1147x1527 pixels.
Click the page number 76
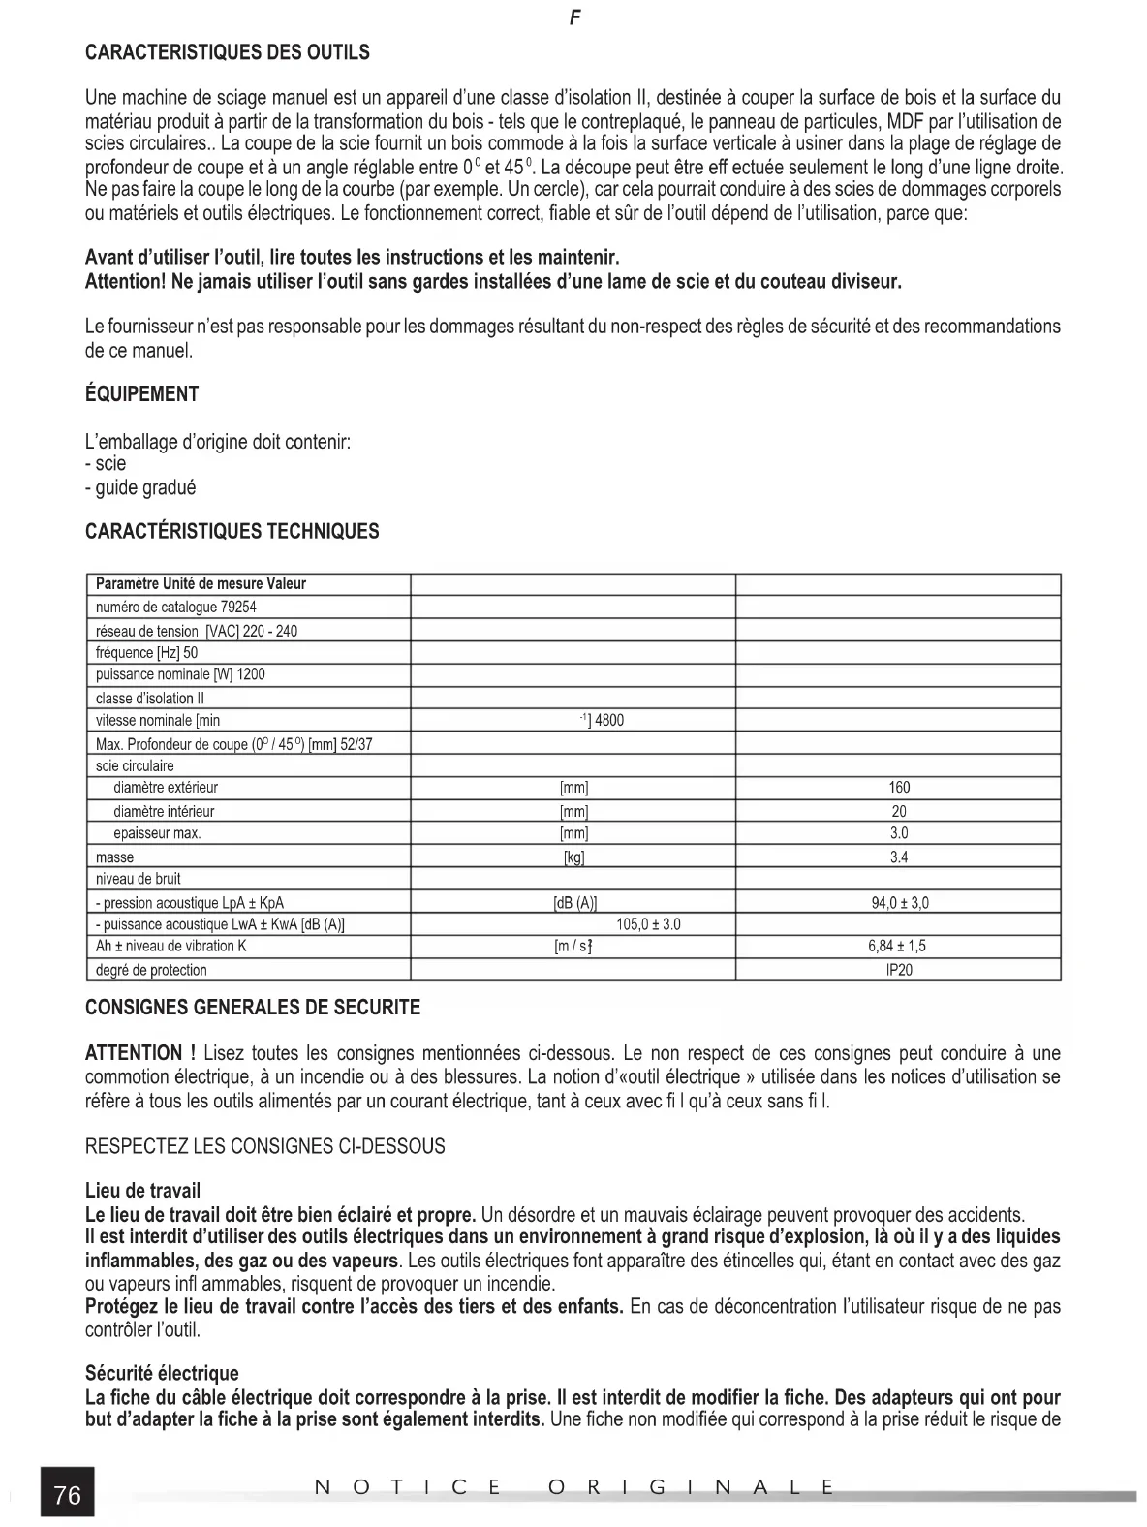68,1495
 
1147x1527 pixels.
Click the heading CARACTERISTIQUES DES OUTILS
228,52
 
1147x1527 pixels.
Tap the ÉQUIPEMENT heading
141,394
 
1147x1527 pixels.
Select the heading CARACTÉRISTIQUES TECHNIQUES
232,531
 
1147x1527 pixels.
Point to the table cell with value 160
899,788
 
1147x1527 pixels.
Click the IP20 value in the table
899,970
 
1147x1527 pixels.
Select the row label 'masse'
115,857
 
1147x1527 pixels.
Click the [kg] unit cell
573,857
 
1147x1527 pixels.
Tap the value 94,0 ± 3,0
900,903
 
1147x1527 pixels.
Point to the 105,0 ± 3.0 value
648,924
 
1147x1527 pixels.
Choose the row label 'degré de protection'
151,970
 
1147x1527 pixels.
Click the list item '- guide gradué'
140,487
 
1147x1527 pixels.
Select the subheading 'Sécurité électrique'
162,1373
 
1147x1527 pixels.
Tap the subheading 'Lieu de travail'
143,1191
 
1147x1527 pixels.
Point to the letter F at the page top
574,18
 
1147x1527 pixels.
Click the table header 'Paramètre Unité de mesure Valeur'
201,584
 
